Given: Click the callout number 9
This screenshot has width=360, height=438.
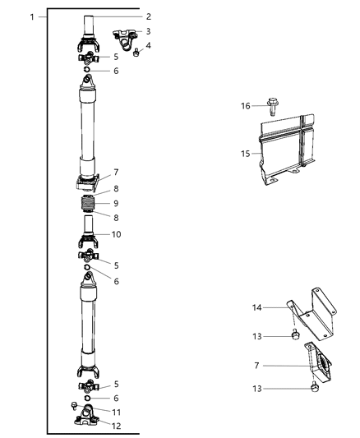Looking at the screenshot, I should [117, 203].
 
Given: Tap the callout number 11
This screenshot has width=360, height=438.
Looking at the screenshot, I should [117, 411].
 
